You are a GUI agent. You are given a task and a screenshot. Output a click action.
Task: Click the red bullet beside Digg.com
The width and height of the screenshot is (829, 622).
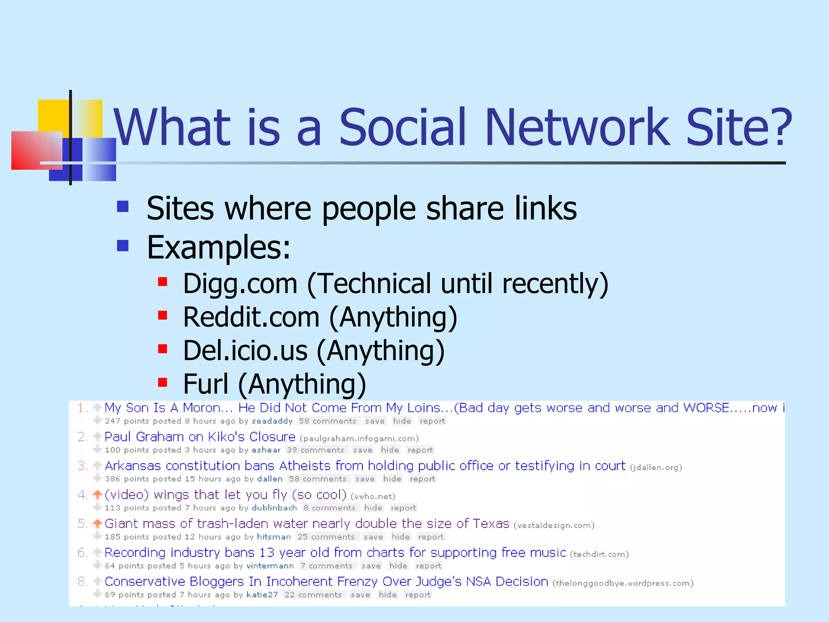[x=163, y=281]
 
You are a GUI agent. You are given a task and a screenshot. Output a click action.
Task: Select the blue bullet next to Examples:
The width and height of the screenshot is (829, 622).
[x=123, y=245]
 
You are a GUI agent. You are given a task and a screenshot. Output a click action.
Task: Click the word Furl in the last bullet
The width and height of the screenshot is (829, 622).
[x=206, y=383]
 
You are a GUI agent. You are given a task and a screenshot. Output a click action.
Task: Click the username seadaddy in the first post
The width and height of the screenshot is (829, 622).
[x=272, y=421]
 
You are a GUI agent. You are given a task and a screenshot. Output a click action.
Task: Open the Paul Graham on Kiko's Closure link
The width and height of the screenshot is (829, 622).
[x=200, y=437]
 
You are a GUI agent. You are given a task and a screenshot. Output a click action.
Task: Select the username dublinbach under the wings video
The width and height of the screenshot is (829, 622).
[x=274, y=508]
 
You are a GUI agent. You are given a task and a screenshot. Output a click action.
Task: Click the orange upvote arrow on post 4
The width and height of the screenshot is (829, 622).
[x=97, y=494]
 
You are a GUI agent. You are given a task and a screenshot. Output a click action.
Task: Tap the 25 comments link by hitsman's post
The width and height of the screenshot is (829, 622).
[x=326, y=537]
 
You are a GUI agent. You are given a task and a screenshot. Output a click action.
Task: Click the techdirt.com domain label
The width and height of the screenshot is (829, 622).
[x=599, y=554]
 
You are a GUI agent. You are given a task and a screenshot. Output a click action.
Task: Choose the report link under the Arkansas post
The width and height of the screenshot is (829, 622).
[x=422, y=479]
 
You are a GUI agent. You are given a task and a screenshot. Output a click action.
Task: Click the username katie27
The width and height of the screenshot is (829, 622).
[x=262, y=595]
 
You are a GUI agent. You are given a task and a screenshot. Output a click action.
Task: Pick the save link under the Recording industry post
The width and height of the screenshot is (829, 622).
[x=371, y=566]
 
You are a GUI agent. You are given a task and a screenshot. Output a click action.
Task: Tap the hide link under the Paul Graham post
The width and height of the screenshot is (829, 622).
[x=390, y=450]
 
